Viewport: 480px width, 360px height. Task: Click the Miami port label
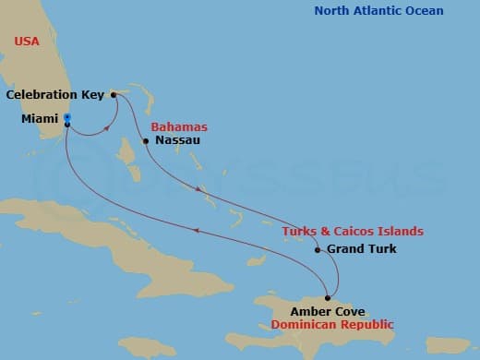pyautogui.click(x=40, y=118)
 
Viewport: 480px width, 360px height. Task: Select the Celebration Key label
pyautogui.click(x=54, y=94)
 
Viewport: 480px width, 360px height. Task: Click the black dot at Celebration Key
pyautogui.click(x=113, y=94)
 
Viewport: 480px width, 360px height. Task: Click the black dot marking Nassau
pyautogui.click(x=146, y=141)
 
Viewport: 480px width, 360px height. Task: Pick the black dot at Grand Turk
pyautogui.click(x=318, y=249)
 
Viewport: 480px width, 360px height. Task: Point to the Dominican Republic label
pyautogui.click(x=332, y=324)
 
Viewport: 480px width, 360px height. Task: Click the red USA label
pyautogui.click(x=27, y=42)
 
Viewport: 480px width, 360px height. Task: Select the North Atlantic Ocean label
pyautogui.click(x=378, y=11)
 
